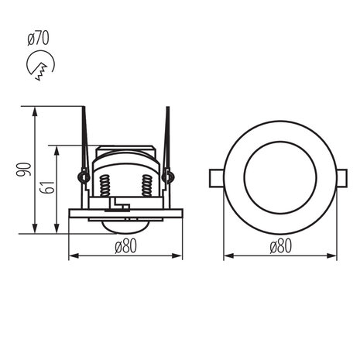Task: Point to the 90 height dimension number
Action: pyautogui.click(x=24, y=170)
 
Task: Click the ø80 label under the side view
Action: pyautogui.click(x=125, y=247)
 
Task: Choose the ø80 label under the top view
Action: pyautogui.click(x=280, y=247)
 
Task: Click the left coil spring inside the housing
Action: pyautogui.click(x=105, y=187)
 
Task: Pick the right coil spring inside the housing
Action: pyautogui.click(x=146, y=187)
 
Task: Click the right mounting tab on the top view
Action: pyautogui.click(x=343, y=177)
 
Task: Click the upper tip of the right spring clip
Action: pyautogui.click(x=166, y=109)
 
